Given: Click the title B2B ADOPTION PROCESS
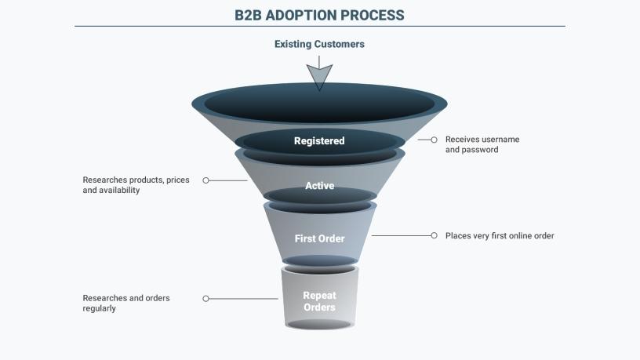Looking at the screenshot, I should [x=319, y=15].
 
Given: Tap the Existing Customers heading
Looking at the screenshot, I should [x=319, y=45].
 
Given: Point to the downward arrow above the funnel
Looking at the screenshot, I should [x=319, y=76].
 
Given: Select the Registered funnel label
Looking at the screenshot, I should [x=319, y=141].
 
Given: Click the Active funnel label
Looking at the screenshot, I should [x=319, y=186].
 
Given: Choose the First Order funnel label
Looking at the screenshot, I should [x=319, y=238].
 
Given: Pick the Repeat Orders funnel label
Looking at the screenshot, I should [x=319, y=301].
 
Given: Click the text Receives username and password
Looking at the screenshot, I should [x=482, y=144].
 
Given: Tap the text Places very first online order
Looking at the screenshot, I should [x=500, y=235].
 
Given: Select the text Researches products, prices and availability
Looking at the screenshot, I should [x=136, y=185].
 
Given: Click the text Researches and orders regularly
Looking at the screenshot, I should [x=126, y=304].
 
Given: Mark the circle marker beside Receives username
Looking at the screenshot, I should [x=434, y=140].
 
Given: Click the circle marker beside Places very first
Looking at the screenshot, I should [x=434, y=235].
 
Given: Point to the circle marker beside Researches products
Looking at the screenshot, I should [x=206, y=180].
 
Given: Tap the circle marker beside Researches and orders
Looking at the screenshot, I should [x=206, y=299].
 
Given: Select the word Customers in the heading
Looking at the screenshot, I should [x=340, y=45].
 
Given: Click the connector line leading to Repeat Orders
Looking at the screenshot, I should [x=244, y=299].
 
